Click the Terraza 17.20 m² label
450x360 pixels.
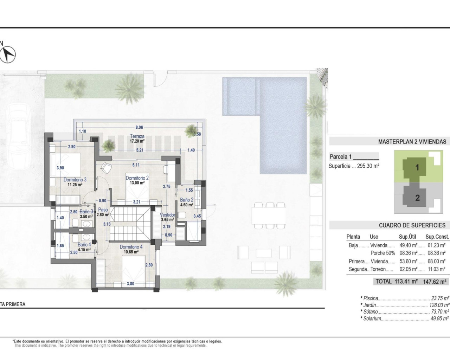[x=137, y=139]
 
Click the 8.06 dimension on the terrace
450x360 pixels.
[x=139, y=127]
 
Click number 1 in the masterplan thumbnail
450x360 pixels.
[x=417, y=167]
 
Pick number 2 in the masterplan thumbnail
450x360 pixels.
[x=417, y=198]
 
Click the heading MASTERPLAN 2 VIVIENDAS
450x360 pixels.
[x=412, y=142]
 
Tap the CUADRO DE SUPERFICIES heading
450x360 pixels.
[x=412, y=225]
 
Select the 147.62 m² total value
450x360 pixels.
[x=435, y=282]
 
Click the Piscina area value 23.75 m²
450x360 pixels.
[x=440, y=298]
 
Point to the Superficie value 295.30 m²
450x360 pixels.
[x=368, y=166]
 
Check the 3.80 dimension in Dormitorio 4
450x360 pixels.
[x=130, y=284]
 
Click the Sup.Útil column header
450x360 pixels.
[x=407, y=237]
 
